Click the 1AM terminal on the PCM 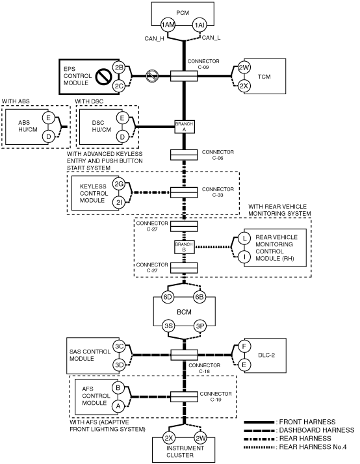click(168, 25)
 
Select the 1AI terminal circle click(199, 25)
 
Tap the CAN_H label click(154, 39)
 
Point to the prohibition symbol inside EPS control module click(103, 76)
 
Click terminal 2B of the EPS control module click(119, 68)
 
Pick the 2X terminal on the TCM click(244, 86)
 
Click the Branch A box click(184, 127)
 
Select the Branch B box click(184, 247)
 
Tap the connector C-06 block click(184, 155)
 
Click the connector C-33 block click(184, 192)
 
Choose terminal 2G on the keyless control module click(119, 185)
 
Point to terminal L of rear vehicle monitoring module click(244, 238)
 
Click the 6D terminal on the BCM click(168, 297)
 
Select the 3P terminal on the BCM click(200, 326)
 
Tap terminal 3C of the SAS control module click(119, 346)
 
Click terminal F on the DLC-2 click(244, 346)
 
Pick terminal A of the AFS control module click(118, 406)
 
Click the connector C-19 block click(184, 397)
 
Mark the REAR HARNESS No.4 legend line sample click(259, 447)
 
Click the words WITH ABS click(16, 101)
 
